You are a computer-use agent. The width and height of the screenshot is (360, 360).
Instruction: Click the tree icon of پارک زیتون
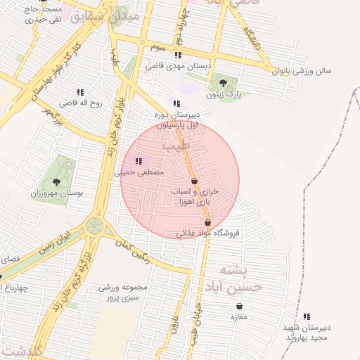click(x=223, y=83)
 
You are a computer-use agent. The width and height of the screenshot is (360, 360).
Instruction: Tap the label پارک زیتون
click(x=223, y=94)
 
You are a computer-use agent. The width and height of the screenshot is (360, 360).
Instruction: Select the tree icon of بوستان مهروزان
click(x=56, y=183)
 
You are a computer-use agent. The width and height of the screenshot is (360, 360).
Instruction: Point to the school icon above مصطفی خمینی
click(x=138, y=162)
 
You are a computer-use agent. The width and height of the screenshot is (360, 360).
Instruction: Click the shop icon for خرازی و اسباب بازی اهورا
click(x=194, y=181)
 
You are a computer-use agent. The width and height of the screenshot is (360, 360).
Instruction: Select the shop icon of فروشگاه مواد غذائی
click(x=207, y=223)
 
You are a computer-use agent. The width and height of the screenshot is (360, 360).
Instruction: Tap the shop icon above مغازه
click(x=240, y=307)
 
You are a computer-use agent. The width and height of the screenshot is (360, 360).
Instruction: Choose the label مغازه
click(x=240, y=317)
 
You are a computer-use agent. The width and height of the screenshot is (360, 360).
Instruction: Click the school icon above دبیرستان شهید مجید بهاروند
click(x=307, y=317)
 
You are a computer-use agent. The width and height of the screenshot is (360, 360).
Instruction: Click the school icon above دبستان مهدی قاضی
click(x=179, y=55)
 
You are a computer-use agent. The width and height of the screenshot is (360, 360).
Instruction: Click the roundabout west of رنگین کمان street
click(x=94, y=226)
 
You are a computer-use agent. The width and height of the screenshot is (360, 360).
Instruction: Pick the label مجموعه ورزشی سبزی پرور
click(x=120, y=293)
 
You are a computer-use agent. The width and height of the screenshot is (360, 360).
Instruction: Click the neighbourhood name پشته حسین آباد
click(x=232, y=278)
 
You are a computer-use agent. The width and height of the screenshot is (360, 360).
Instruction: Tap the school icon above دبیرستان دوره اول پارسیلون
click(x=176, y=103)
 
